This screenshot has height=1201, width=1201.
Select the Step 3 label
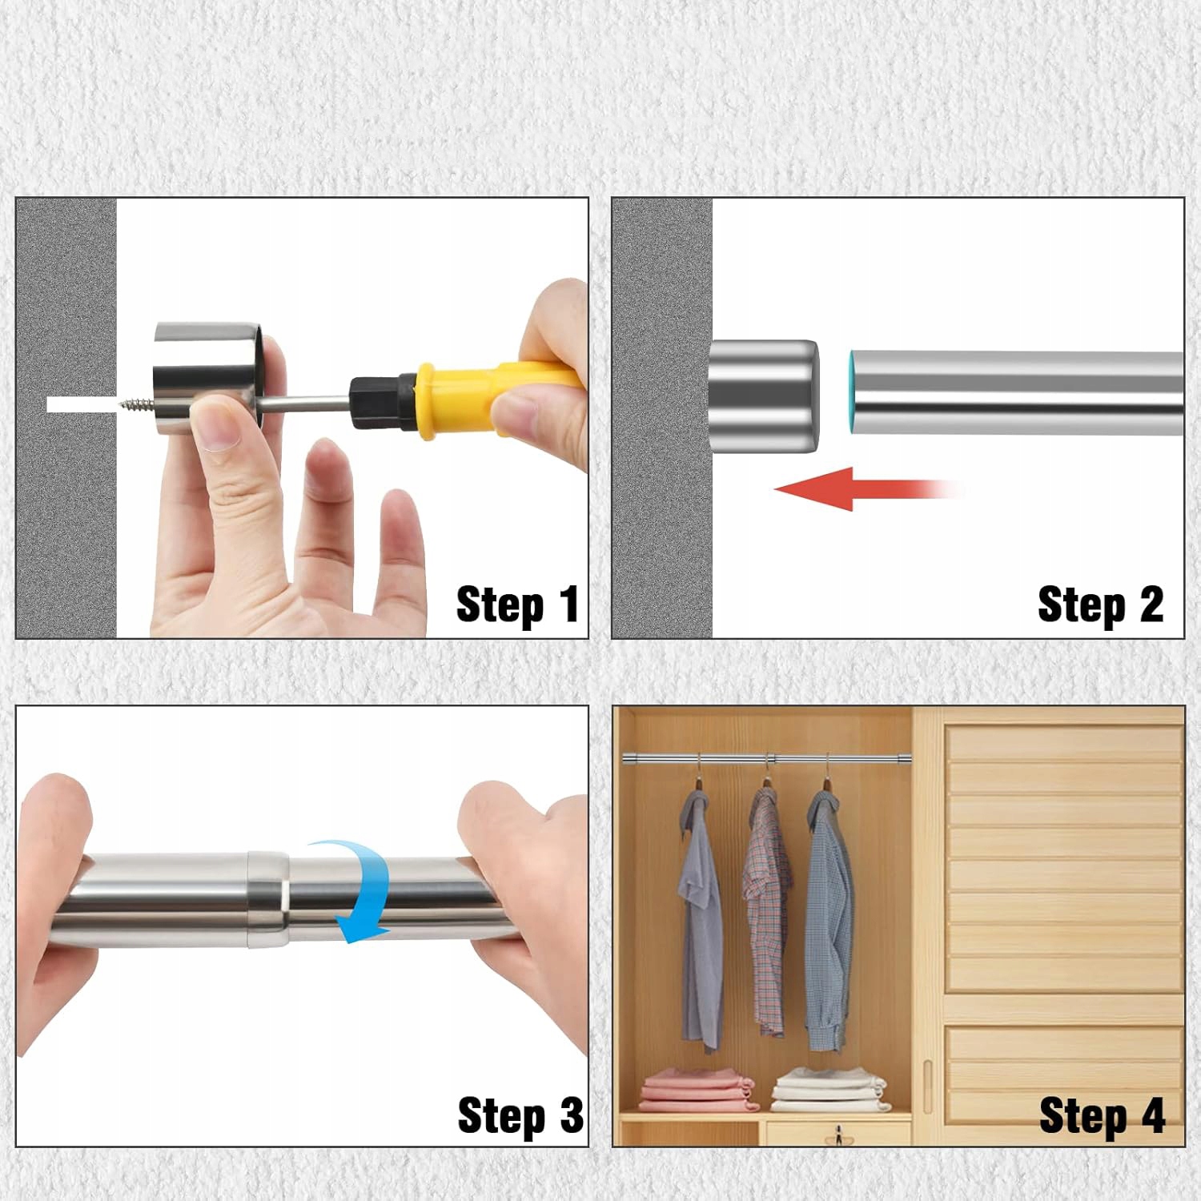(x=520, y=1115)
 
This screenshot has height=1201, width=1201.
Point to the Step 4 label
(x=1102, y=1115)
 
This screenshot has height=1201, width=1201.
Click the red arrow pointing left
(x=869, y=488)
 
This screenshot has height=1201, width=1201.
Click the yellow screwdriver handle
(x=496, y=398)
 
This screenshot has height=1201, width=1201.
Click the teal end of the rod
(x=854, y=392)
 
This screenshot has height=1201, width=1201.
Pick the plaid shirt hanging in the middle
(x=766, y=909)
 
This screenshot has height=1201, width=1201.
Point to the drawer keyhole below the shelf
(x=839, y=1134)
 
